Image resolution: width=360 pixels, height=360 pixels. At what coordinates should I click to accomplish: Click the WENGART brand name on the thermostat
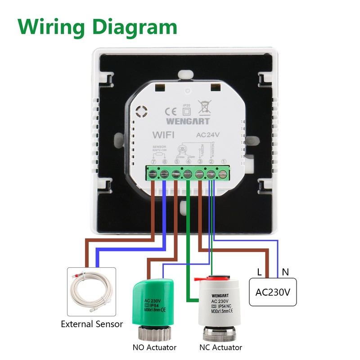coord(188,121)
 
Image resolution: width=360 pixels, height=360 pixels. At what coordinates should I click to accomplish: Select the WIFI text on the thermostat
coord(163,135)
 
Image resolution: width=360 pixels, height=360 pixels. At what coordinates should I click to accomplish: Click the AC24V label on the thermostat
coord(207,135)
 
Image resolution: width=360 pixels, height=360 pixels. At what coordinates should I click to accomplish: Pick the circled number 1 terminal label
coord(223,162)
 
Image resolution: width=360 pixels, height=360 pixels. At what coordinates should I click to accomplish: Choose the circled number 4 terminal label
coord(188,162)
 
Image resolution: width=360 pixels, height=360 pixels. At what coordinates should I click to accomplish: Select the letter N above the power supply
coord(285,272)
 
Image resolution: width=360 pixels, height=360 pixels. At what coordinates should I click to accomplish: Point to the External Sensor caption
coord(92,324)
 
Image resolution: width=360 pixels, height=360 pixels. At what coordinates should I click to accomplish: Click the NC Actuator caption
coord(221,347)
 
